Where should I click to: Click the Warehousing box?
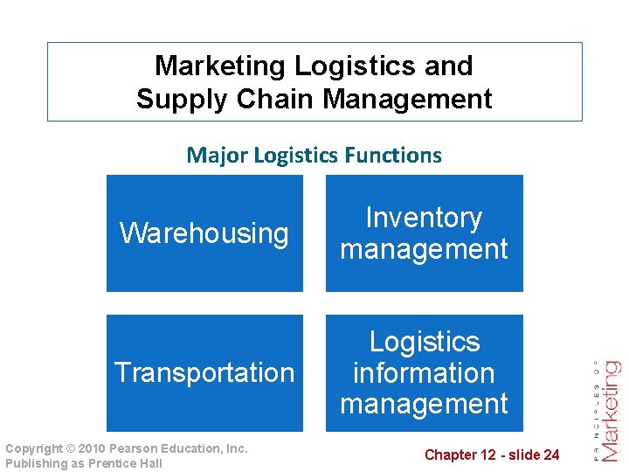click(204, 233)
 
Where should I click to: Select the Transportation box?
click(204, 372)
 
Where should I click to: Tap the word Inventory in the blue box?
click(424, 218)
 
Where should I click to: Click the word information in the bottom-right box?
click(424, 372)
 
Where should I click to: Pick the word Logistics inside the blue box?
click(424, 342)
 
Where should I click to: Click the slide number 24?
click(551, 455)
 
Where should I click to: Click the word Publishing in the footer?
click(34, 463)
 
